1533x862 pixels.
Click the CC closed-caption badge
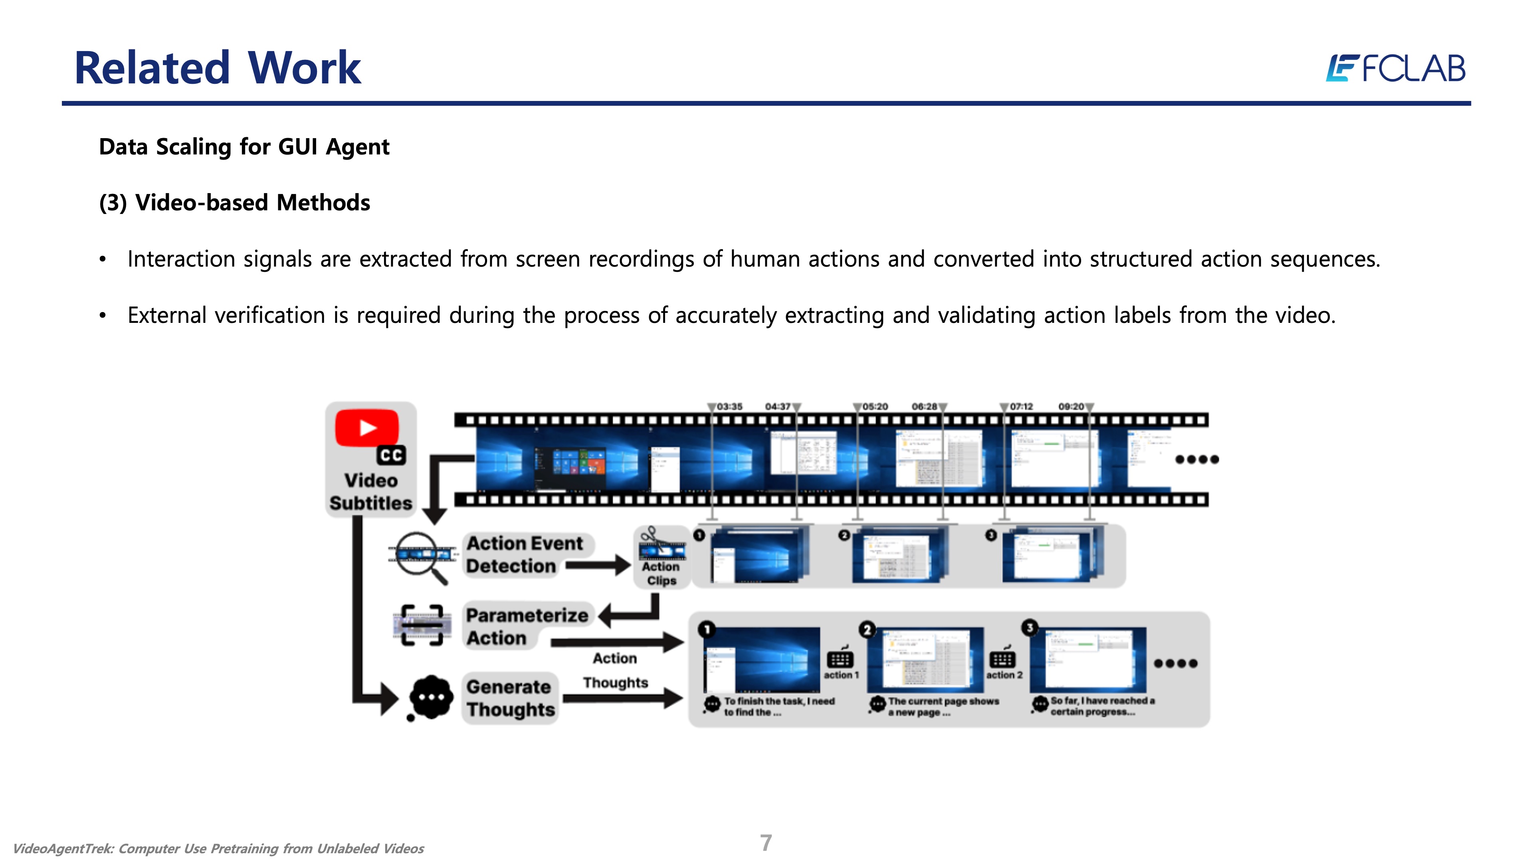click(391, 455)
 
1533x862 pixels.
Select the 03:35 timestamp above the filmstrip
click(729, 406)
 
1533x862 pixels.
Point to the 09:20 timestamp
click(1071, 406)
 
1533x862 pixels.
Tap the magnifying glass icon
click(421, 557)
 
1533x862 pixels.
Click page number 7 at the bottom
click(766, 842)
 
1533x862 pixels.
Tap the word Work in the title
click(304, 68)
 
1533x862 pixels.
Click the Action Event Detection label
click(524, 554)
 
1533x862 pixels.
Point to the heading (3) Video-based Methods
click(234, 203)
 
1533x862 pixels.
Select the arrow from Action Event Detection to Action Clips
click(598, 565)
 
